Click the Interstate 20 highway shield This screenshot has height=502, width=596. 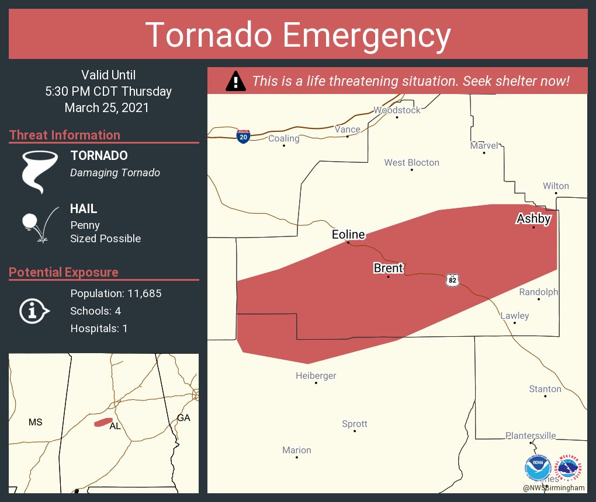pos(244,137)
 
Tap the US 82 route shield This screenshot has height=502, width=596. pos(452,280)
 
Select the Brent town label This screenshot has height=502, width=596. pos(389,268)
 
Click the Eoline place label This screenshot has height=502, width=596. pos(348,235)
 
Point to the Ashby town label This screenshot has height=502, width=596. pos(533,219)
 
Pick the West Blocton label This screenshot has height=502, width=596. pos(411,163)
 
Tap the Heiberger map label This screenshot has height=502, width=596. pos(316,376)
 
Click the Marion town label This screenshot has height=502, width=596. pos(296,450)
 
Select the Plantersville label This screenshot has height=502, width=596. pos(531,435)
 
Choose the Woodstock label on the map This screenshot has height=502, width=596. pos(397,110)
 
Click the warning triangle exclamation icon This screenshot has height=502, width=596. pos(235,81)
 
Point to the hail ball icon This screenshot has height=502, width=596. pos(30,222)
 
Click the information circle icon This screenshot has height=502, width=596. pos(33,311)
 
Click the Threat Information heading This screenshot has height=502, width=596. pos(65,135)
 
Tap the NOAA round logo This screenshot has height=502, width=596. pos(538,469)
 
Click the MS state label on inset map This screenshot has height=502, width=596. pos(35,422)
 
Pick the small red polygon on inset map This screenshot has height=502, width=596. pos(103,421)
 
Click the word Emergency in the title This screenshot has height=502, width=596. pos(367,36)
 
